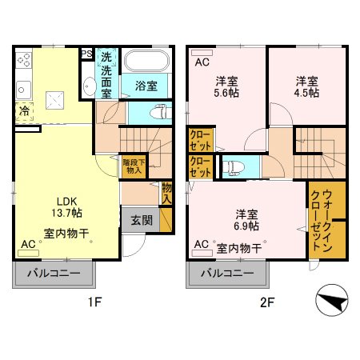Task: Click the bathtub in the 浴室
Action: tap(147, 61)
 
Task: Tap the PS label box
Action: tap(86, 54)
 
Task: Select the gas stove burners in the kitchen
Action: tap(24, 60)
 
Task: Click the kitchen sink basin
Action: tap(23, 90)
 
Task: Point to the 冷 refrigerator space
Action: tap(25, 111)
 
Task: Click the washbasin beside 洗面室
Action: tap(89, 86)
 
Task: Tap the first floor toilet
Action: tap(161, 112)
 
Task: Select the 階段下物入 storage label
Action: tap(134, 166)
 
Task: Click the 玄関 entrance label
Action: tap(142, 220)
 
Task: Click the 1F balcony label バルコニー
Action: tap(54, 274)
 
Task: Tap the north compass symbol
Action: tap(332, 300)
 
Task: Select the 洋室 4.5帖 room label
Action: tap(306, 87)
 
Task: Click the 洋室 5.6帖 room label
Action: tap(226, 87)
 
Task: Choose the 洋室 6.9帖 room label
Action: tap(246, 220)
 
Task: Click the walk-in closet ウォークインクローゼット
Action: tap(322, 220)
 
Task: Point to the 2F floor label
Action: tap(267, 302)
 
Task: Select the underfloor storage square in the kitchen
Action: tap(54, 100)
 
